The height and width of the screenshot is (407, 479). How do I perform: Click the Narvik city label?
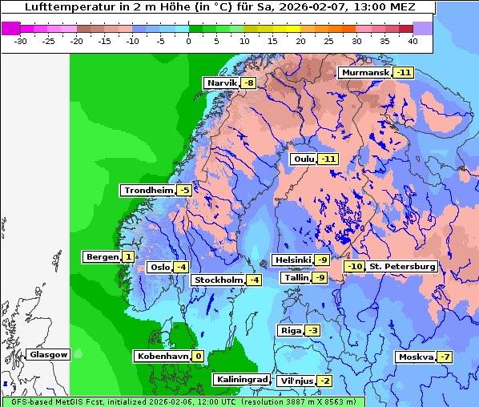pos(222,83)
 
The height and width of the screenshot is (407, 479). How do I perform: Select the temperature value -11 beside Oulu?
pos(328,159)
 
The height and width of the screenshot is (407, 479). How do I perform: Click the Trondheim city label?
pos(147,190)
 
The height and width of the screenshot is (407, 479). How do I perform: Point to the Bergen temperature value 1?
pos(128,257)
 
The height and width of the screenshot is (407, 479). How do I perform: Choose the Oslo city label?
pos(160,267)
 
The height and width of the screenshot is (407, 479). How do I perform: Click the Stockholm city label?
pos(217,280)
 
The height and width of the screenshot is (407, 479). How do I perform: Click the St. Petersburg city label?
pos(402,266)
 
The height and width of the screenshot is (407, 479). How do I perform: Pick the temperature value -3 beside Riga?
pos(312,330)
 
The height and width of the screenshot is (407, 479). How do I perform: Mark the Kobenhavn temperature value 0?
pos(197,356)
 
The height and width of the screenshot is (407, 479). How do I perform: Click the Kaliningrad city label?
pos(241,379)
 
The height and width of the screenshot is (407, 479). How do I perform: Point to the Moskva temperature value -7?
pos(445,357)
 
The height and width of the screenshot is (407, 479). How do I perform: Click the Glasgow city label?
pos(49,354)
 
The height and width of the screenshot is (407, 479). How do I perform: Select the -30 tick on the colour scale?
pos(22,40)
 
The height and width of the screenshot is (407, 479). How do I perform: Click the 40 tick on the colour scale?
pos(413,40)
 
